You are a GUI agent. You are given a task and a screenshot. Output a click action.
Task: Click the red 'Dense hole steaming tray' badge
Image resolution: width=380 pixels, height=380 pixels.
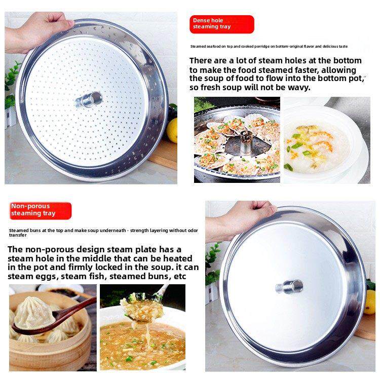222,24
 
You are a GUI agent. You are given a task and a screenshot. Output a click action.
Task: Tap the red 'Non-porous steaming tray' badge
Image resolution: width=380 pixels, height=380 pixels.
40,211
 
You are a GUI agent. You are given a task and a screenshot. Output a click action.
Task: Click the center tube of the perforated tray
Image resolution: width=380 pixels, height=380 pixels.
89,99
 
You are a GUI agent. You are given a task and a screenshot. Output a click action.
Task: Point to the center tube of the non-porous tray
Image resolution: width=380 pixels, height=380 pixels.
289,287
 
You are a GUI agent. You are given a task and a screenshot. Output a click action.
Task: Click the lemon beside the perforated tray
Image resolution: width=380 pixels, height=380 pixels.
172,130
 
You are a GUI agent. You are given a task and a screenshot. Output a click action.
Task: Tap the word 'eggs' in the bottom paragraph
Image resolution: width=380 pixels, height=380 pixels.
46,277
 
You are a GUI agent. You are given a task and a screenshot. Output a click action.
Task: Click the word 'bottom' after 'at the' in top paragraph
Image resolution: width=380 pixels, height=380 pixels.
348,61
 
